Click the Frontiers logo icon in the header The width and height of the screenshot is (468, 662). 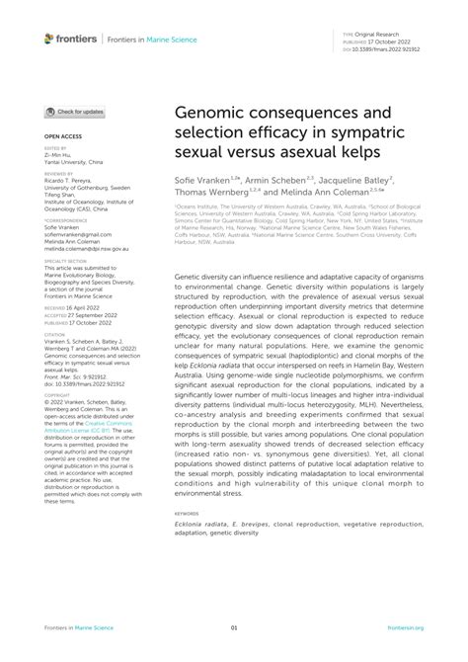point(49,39)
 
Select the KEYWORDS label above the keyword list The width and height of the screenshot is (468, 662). point(187,513)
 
